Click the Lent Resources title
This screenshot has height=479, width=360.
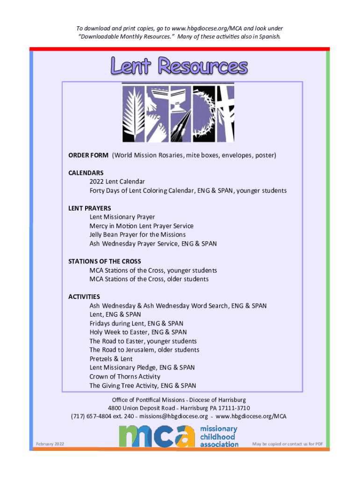[x=179, y=65]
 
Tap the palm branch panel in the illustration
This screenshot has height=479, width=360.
[x=133, y=114]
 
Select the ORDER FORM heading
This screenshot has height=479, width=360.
[x=88, y=155]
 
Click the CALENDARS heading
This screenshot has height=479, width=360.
[x=86, y=173]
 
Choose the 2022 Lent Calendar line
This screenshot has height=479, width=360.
[x=117, y=181]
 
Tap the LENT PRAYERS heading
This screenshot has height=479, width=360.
[x=89, y=208]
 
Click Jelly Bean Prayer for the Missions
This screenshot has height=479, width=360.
[x=137, y=235]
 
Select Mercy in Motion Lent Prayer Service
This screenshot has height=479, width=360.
[x=141, y=226]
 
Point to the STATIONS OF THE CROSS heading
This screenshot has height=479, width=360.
[x=104, y=261]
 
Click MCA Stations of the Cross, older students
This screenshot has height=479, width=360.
[x=149, y=279]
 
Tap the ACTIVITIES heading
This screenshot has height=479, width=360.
[x=84, y=297]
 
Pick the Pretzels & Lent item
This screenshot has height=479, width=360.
[x=111, y=359]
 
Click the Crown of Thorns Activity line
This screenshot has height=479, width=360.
[x=125, y=377]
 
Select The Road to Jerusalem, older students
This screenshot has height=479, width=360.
[x=144, y=350]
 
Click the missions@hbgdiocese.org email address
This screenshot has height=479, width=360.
[x=174, y=416]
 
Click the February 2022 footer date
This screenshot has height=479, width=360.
[x=50, y=444]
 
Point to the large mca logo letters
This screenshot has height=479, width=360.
[x=157, y=436]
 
